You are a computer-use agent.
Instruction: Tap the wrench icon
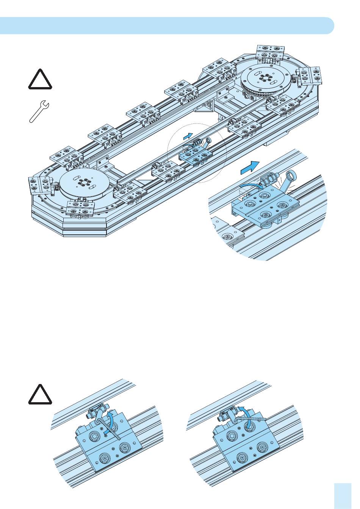[38, 111]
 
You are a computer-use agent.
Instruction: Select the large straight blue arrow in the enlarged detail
[250, 167]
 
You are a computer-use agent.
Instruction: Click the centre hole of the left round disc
[82, 183]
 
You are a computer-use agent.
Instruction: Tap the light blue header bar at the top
[167, 25]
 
